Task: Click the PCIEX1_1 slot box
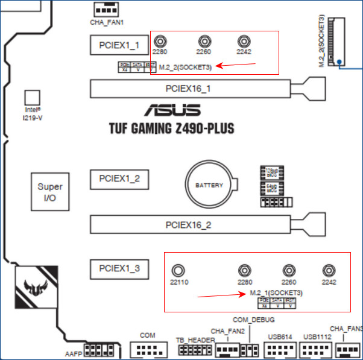click(x=119, y=45)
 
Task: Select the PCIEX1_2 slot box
click(x=119, y=178)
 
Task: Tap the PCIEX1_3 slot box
click(x=119, y=268)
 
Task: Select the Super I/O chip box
click(x=49, y=192)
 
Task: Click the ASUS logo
click(x=171, y=111)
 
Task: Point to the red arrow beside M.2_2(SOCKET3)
click(x=228, y=65)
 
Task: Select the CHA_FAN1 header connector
click(x=107, y=10)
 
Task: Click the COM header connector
click(x=147, y=349)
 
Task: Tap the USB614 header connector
click(x=280, y=349)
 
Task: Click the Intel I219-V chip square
click(x=32, y=98)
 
